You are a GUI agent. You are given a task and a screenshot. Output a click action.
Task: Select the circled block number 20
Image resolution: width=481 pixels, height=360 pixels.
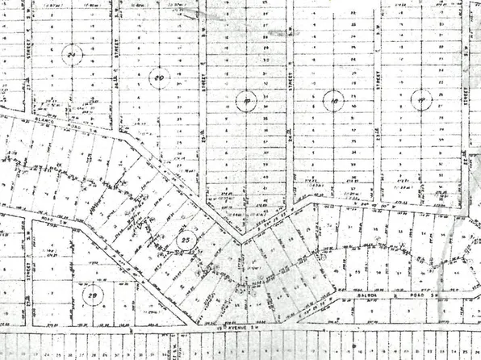coord(160,78)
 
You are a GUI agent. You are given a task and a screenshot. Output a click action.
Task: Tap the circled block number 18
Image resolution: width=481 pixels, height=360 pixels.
coord(333,100)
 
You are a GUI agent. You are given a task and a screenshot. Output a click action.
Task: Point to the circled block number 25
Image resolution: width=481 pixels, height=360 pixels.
coord(186,241)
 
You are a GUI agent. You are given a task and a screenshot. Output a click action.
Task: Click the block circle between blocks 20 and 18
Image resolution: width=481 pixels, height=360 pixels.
coord(246,101)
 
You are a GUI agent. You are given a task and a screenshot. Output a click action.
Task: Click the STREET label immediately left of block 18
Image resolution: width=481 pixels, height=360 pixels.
coord(290,85)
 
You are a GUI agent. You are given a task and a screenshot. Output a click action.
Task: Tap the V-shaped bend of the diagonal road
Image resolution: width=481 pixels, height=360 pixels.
coord(240,241)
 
